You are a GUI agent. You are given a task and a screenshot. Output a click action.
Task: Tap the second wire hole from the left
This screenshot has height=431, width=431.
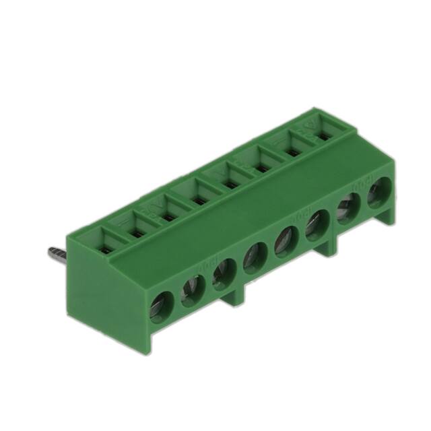pos(191,291)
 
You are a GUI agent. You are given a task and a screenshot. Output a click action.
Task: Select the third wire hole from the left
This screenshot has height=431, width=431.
pos(222,274)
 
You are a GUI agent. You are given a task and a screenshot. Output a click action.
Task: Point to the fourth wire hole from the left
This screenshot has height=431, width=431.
pos(254,257)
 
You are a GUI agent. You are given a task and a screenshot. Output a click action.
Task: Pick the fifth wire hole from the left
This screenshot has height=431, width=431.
pos(285,240)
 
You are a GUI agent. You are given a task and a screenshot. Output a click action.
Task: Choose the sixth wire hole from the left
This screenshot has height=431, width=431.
pos(316,225)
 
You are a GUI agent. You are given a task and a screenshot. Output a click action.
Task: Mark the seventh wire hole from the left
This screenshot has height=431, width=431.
pos(347,208)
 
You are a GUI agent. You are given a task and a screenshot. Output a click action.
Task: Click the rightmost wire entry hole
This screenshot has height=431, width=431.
pos(376,193)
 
